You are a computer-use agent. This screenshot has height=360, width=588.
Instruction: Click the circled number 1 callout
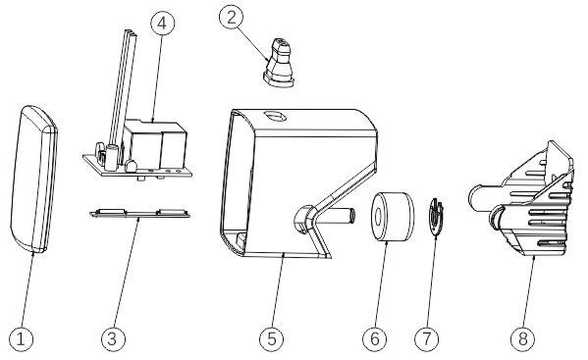(21, 339)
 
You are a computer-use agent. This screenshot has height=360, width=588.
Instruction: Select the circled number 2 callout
(232, 18)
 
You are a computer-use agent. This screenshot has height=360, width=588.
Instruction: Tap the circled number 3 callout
(113, 339)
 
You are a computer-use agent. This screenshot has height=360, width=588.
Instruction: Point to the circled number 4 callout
(163, 24)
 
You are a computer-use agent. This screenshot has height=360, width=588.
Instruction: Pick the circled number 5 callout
(272, 339)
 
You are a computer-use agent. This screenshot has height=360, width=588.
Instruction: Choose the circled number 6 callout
(375, 339)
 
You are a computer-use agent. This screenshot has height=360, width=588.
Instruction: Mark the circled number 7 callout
(427, 339)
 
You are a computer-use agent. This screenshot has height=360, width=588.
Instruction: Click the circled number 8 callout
(523, 339)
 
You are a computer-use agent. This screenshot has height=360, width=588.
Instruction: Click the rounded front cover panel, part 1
(33, 180)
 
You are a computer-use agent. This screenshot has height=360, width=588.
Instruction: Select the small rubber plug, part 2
(280, 62)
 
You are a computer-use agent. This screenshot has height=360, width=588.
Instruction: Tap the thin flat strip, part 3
(140, 213)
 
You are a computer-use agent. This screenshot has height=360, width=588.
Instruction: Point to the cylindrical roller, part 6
(393, 217)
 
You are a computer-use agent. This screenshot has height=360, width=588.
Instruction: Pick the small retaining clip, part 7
(436, 217)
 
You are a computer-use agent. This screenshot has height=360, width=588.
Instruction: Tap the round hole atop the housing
(275, 116)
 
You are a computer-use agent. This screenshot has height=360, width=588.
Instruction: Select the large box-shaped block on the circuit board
(156, 143)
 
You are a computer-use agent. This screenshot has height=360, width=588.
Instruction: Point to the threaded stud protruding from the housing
(345, 216)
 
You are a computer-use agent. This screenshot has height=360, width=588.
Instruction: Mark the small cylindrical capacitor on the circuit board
(111, 158)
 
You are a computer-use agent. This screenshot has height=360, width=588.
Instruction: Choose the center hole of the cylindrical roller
(378, 217)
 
